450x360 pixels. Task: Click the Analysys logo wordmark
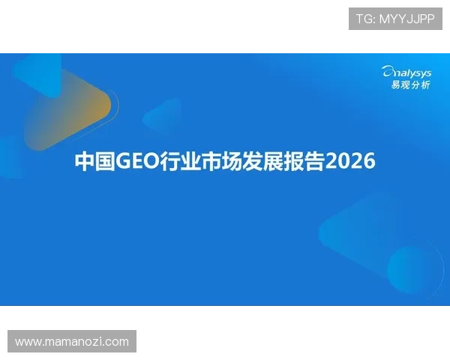pos(406,72)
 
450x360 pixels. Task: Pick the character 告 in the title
pos(314,161)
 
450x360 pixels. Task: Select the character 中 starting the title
pos(85,161)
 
